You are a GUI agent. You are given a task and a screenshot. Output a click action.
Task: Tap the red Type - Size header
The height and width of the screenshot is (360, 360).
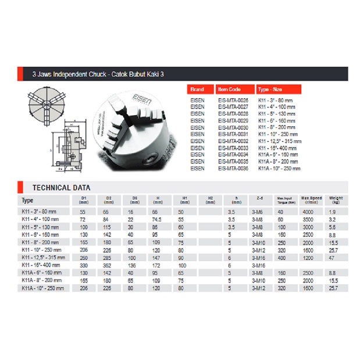tap(279, 90)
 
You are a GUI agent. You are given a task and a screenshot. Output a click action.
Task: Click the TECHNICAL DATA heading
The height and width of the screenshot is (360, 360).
tap(61, 188)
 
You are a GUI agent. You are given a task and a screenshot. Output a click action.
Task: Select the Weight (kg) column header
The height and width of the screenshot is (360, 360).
tap(336, 200)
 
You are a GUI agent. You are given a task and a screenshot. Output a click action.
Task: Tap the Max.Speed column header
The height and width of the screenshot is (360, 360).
tap(311, 200)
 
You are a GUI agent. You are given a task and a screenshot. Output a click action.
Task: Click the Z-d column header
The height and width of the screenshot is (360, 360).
tap(259, 200)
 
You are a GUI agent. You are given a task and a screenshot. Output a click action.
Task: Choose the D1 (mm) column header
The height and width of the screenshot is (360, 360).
tap(84, 200)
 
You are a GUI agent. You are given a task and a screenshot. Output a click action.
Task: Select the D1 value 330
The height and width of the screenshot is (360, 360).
tap(84, 265)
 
